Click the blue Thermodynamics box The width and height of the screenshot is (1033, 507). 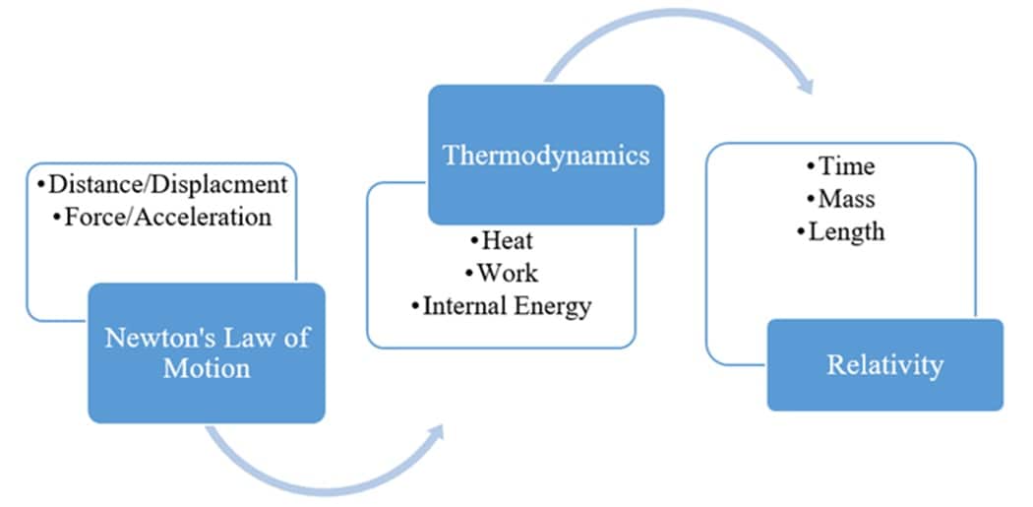[x=546, y=155]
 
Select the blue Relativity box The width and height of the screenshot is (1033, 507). [x=884, y=365]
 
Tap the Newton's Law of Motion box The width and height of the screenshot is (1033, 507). [x=207, y=353]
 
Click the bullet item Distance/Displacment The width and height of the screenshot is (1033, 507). [x=161, y=184]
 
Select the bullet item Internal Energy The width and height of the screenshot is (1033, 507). [x=502, y=305]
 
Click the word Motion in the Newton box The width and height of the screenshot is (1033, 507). [x=207, y=369]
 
